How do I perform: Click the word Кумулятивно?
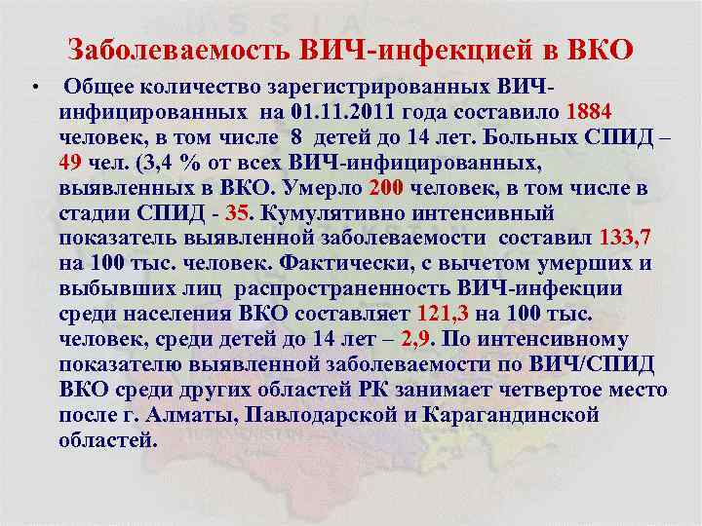(x=331, y=212)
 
